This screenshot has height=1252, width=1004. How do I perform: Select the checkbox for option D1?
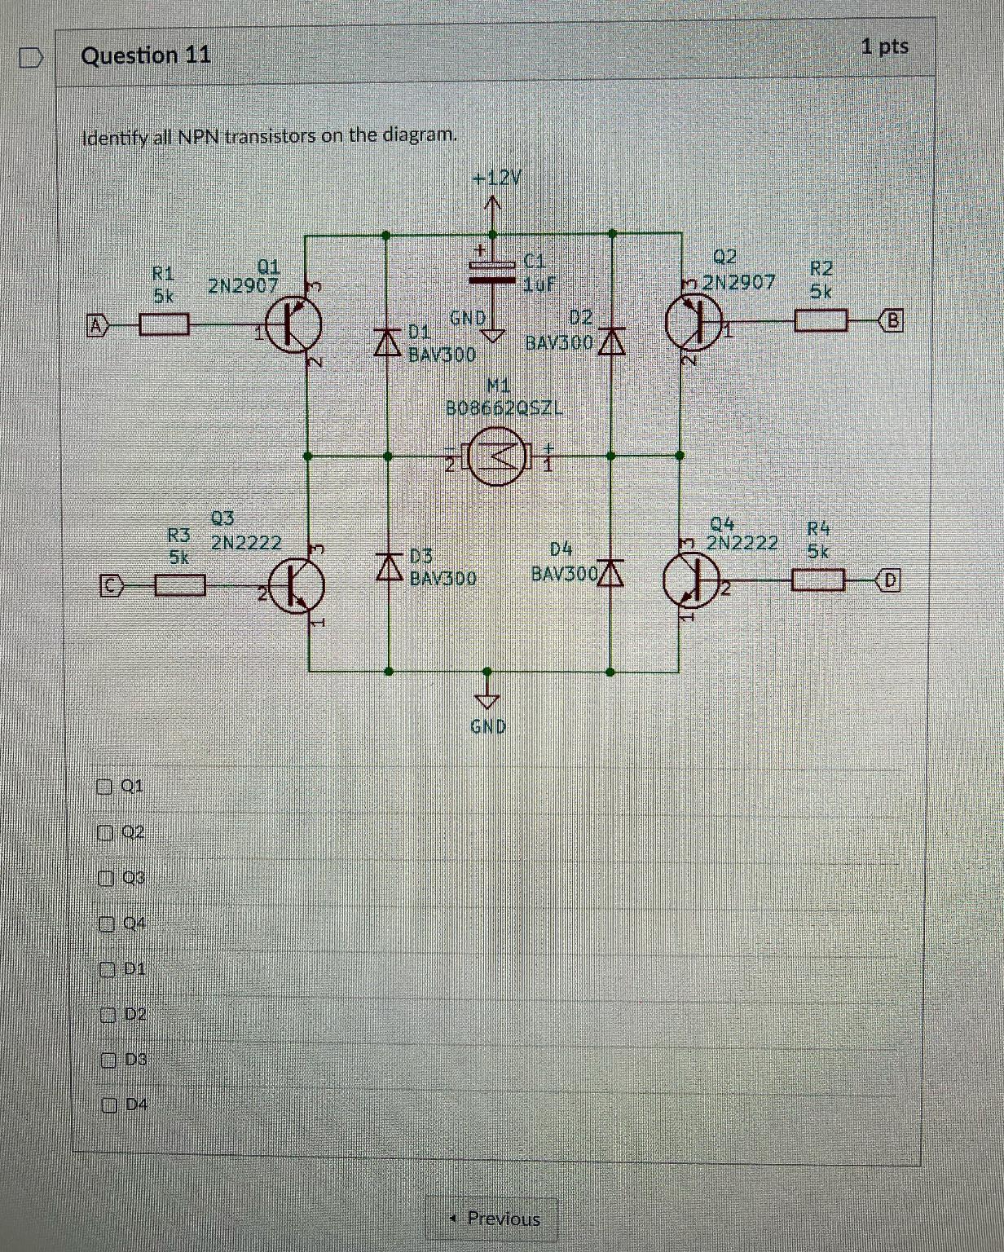(x=106, y=969)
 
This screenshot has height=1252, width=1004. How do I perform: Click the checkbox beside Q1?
(x=103, y=787)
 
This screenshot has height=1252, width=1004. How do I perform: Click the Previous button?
(x=492, y=1219)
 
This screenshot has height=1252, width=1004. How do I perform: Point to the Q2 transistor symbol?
(x=694, y=320)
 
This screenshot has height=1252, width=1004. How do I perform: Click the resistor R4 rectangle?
(x=818, y=580)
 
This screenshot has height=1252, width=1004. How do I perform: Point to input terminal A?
(x=97, y=326)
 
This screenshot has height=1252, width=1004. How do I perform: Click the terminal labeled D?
(x=889, y=580)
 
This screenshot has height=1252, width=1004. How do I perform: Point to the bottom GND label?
(x=488, y=725)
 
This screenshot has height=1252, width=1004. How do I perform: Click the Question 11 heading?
(x=146, y=55)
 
